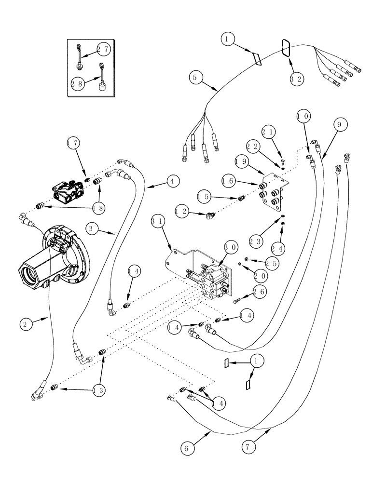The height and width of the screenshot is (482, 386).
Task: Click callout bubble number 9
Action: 339,125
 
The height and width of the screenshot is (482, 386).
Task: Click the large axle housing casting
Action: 53,255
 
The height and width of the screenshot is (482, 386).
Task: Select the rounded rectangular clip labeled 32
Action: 285,48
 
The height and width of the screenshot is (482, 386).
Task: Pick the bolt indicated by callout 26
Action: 237,301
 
